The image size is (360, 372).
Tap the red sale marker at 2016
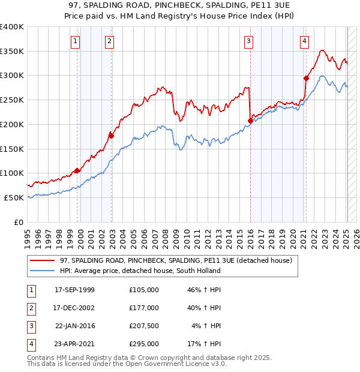[x=250, y=121]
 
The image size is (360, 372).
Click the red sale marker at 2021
[x=306, y=77]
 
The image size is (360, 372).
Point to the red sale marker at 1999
[x=77, y=170]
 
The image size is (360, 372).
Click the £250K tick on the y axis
[x=12, y=100]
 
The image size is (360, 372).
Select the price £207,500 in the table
[x=143, y=326]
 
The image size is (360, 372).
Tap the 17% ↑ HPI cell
[x=205, y=344]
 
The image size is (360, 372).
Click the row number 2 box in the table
[x=29, y=308]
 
